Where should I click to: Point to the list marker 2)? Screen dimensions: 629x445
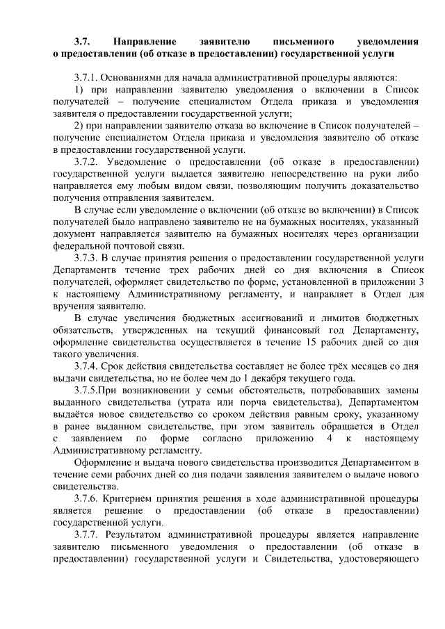[x=79, y=125]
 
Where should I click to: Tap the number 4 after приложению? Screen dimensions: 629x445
[x=327, y=438]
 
